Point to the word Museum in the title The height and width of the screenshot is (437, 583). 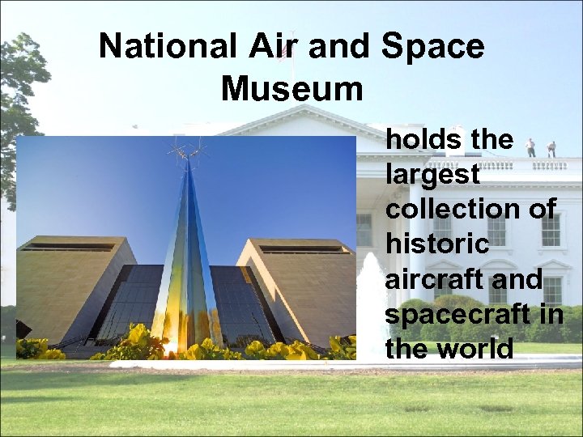click(291, 88)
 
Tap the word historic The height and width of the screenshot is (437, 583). click(437, 244)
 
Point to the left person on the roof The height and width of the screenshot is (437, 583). click(530, 147)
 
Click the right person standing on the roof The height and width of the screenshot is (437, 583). click(552, 149)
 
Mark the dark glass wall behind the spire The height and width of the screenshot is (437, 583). click(138, 303)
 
